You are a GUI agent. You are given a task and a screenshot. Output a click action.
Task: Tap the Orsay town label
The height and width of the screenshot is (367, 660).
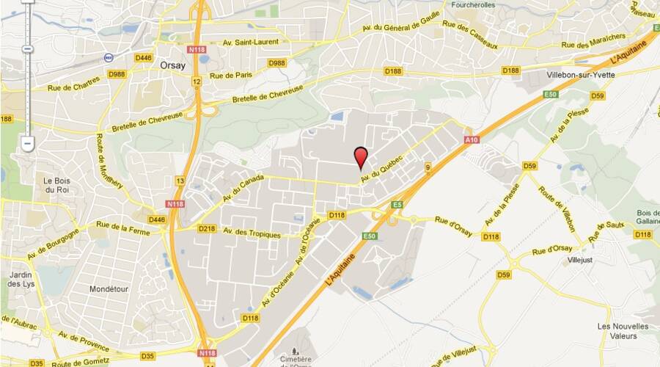pyautogui.click(x=173, y=65)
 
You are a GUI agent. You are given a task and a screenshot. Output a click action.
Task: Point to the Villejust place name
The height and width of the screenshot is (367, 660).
pyautogui.click(x=575, y=260)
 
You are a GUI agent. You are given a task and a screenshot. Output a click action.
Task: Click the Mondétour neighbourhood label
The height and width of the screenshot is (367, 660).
pyautogui.click(x=109, y=289)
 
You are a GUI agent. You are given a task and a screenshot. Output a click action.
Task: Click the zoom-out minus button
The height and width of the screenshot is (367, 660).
pyautogui.click(x=27, y=144)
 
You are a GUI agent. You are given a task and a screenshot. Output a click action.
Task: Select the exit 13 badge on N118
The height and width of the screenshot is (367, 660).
pyautogui.click(x=180, y=181)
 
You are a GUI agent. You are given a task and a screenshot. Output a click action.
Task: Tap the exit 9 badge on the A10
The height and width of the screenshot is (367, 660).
pyautogui.click(x=427, y=168)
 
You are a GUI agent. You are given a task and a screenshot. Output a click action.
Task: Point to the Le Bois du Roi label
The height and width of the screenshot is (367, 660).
pyautogui.click(x=56, y=185)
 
